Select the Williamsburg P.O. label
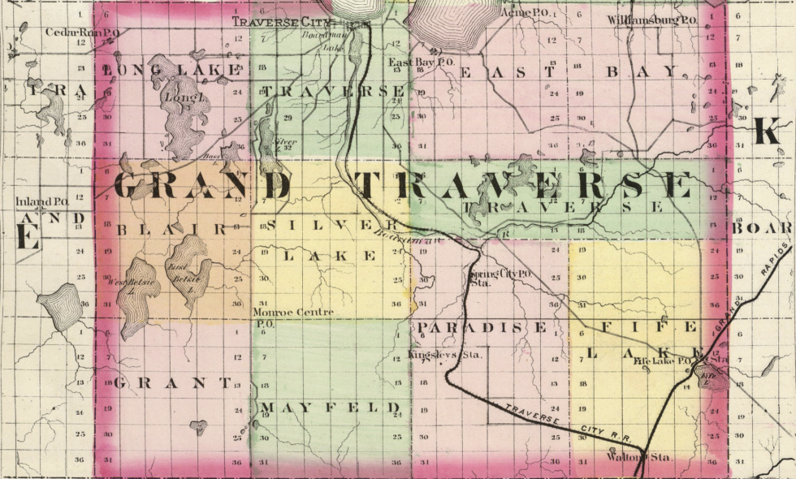click(x=652, y=19)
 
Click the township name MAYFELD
click(x=331, y=407)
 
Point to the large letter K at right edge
click(x=768, y=130)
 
